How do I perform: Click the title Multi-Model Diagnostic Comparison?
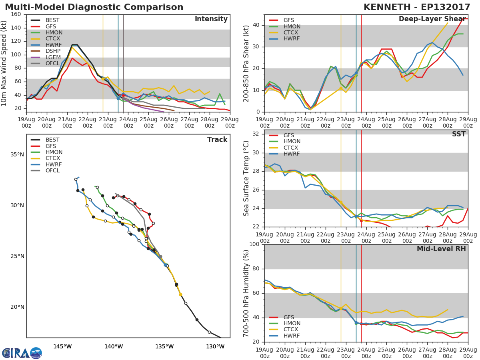click(94, 7)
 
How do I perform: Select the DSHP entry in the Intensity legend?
click(53, 51)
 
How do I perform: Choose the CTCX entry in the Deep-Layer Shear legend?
click(292, 32)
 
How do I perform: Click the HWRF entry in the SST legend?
click(292, 154)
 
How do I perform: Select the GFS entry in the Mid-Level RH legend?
click(289, 317)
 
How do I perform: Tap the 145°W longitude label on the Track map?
click(62, 346)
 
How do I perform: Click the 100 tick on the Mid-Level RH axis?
click(254, 244)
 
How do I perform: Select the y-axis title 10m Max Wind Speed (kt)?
click(4, 63)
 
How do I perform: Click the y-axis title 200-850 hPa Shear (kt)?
click(246, 63)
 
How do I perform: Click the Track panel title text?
click(217, 140)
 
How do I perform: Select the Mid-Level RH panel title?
click(441, 249)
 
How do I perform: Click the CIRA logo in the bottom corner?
click(22, 353)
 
